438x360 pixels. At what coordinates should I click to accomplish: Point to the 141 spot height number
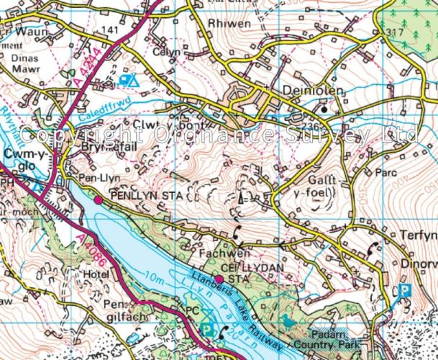110,29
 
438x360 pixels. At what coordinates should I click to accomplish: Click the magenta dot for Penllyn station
99,199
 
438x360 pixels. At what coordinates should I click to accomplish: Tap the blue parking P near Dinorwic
405,292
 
